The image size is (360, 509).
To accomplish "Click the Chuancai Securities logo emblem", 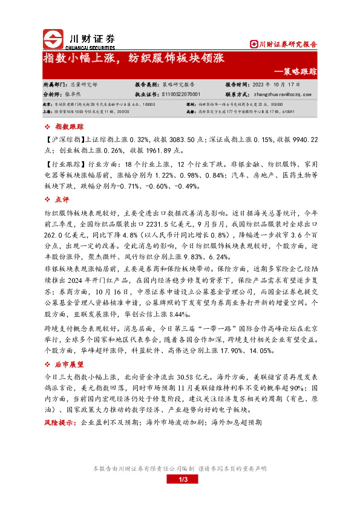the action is (53, 39).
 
